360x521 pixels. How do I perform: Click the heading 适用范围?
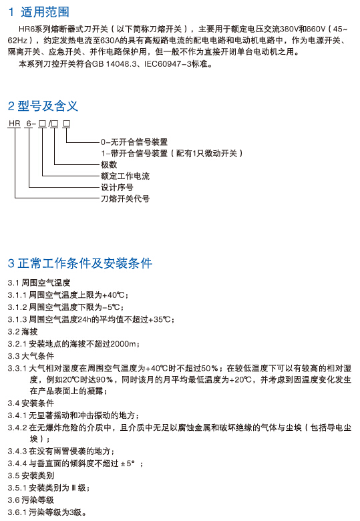tap(45, 12)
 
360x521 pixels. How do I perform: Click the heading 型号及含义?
tap(47, 106)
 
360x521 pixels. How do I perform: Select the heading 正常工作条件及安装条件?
tap(85, 263)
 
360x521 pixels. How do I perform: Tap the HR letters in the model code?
tap(15, 124)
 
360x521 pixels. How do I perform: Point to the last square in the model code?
tap(66, 124)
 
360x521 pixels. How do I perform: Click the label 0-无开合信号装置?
tap(134, 142)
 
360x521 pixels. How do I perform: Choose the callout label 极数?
tap(109, 165)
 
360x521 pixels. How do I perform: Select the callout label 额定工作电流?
tap(125, 176)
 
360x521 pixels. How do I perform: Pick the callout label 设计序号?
tap(117, 188)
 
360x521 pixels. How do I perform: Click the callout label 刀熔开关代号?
tap(125, 198)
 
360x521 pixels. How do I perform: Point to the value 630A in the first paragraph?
tap(110, 41)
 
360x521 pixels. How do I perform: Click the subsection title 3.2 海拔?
tap(23, 331)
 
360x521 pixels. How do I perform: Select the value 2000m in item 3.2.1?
tap(123, 344)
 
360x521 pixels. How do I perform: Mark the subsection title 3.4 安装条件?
tap(31, 403)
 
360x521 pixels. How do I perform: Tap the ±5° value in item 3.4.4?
tap(128, 464)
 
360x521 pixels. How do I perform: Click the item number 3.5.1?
tap(17, 488)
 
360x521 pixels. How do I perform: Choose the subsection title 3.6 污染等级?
tap(31, 500)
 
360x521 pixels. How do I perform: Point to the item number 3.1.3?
tap(17, 320)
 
